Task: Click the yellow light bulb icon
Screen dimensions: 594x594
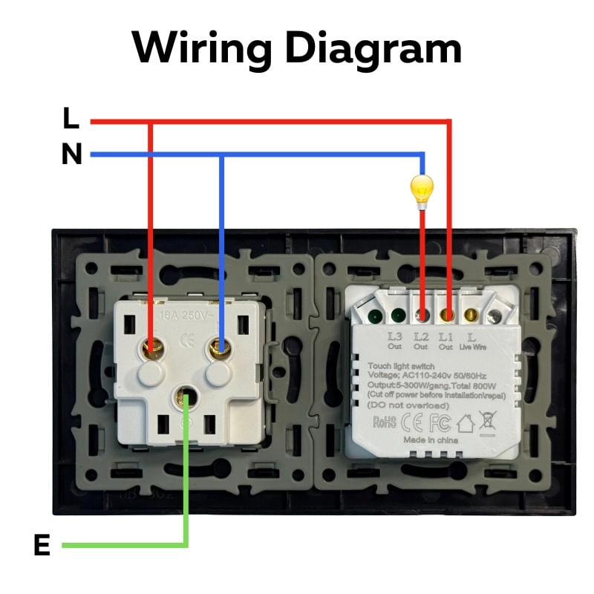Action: point(422,189)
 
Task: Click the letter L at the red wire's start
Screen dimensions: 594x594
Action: point(71,118)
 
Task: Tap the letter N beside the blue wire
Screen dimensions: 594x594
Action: point(71,154)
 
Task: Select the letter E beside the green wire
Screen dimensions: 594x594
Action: point(42,546)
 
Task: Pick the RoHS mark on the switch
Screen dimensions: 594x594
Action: point(384,422)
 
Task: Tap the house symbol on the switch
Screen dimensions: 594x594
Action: point(466,422)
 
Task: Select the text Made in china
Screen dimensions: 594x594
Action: point(431,440)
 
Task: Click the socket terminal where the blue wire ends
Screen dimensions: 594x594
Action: point(219,346)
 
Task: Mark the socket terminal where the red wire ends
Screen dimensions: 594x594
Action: point(153,346)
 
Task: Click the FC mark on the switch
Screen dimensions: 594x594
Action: point(440,422)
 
